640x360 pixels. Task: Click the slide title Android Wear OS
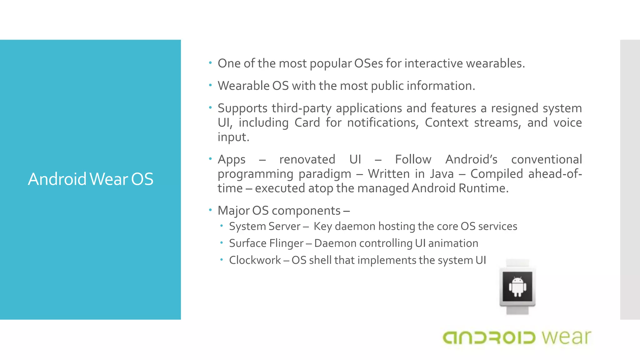(91, 179)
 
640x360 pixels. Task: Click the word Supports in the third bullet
(242, 108)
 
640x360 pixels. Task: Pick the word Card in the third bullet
(307, 122)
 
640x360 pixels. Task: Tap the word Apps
(232, 160)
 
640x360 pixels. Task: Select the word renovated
(307, 159)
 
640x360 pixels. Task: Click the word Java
(442, 174)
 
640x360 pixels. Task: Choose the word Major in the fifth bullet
(233, 211)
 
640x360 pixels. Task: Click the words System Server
(265, 226)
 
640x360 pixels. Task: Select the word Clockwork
(255, 260)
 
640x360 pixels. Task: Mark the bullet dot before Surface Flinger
(221, 243)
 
